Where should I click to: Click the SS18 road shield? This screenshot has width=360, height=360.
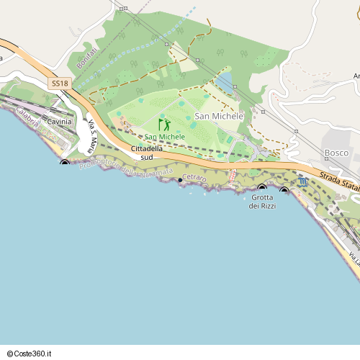[x=60, y=84]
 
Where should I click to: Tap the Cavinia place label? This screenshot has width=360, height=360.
[x=59, y=122]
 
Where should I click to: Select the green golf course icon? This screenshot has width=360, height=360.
[x=164, y=124]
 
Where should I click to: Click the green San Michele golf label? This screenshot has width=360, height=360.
[x=165, y=137]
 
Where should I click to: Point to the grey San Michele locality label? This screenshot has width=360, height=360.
[x=219, y=116]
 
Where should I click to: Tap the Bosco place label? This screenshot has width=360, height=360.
[x=336, y=153]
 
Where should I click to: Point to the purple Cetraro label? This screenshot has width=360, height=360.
[x=194, y=177]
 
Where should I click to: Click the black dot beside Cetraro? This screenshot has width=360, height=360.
[x=180, y=180]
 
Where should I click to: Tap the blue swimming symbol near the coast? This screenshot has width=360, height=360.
[x=302, y=182]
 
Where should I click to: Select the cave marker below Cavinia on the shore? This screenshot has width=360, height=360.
[x=65, y=163]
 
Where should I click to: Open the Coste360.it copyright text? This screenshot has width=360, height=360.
[x=28, y=354]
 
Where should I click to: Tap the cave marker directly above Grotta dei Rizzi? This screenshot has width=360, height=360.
[x=262, y=189]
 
